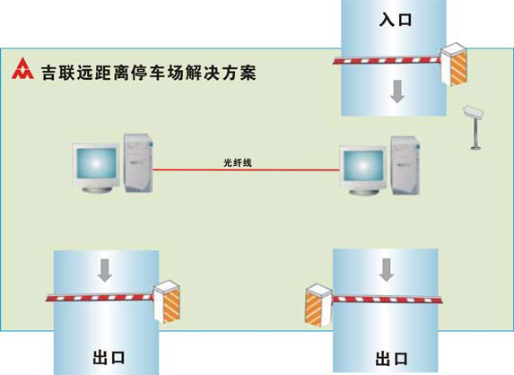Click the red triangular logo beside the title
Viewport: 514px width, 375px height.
22,69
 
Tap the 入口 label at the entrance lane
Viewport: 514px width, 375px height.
396,20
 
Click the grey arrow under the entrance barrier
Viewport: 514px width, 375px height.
397,92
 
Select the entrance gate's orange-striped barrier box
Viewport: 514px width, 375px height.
454,64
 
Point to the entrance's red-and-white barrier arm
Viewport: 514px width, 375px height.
387,61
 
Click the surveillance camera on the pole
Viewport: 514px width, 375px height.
473,112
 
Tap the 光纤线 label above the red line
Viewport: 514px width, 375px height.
238,162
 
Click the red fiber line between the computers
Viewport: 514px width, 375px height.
246,170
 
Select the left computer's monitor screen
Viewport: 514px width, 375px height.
96,162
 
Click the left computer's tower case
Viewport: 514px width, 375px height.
138,162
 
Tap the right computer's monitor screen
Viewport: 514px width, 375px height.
363,166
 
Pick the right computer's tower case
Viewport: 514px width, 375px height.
405,166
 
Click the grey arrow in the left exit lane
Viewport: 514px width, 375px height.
105,270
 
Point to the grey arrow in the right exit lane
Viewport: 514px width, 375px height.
387,269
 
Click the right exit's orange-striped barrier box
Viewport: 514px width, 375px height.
318,305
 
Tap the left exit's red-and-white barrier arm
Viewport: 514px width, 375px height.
100,298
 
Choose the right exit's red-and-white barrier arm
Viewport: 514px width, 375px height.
388,300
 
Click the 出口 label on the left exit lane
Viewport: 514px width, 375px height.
109,357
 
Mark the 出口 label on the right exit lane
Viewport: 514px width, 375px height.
392,358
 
